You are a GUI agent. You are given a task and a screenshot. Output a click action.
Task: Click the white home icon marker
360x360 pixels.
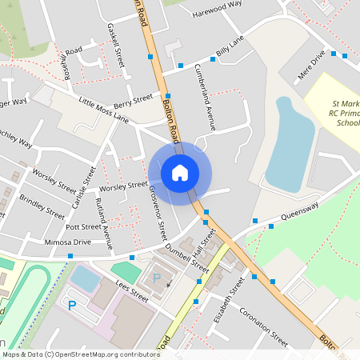pyautogui.click(x=180, y=172)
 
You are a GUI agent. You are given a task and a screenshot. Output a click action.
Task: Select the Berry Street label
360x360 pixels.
pyautogui.click(x=133, y=102)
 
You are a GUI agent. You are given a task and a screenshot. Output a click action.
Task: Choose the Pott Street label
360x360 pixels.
pyautogui.click(x=82, y=227)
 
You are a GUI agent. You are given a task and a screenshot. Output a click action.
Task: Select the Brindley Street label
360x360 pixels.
pyautogui.click(x=42, y=207)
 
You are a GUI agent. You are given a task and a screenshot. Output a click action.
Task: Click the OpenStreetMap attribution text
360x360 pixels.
pyautogui.click(x=81, y=354)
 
